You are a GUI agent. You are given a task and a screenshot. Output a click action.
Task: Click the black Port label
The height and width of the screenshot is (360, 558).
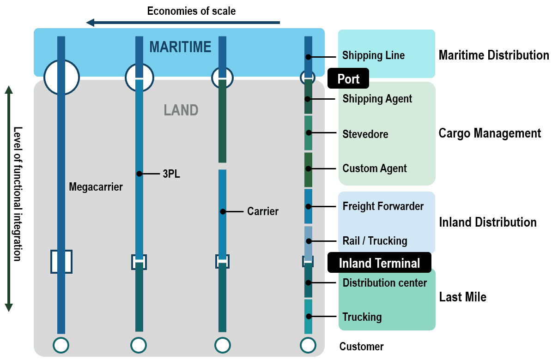[x=348, y=79]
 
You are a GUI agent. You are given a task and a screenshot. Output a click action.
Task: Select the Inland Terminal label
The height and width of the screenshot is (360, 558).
[x=379, y=263]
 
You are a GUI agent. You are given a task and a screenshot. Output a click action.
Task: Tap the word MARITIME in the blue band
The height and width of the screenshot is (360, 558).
[x=180, y=47]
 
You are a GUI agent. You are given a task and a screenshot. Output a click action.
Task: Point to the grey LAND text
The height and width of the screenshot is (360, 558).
[x=181, y=110]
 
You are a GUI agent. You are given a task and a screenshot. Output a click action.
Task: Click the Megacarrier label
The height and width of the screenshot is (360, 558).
[x=96, y=187]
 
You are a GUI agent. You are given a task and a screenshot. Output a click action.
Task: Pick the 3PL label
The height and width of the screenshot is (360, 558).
[x=171, y=174]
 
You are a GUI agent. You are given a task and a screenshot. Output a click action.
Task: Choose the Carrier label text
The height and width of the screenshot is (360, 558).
[x=263, y=211]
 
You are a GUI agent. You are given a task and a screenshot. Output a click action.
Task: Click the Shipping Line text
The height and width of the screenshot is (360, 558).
[x=373, y=55]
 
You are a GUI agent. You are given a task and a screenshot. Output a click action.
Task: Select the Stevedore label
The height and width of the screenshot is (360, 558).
[x=365, y=134]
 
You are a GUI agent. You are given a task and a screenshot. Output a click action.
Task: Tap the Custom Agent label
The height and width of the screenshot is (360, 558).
[x=375, y=168]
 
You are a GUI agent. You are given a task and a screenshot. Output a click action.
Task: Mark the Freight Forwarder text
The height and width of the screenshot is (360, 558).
[x=383, y=206]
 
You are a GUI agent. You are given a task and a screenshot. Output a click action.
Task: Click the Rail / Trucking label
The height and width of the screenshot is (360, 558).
[x=375, y=241]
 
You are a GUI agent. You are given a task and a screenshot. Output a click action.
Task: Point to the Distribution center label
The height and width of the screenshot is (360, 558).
[x=385, y=283]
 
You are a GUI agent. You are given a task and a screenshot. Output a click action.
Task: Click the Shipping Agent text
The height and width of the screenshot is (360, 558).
[x=377, y=99]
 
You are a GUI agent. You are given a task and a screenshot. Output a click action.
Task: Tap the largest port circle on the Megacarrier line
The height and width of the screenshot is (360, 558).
[x=61, y=77]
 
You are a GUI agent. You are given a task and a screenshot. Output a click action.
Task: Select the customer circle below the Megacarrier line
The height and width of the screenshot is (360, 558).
[x=61, y=345]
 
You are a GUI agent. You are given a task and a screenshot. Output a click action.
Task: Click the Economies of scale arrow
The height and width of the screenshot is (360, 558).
[x=183, y=22]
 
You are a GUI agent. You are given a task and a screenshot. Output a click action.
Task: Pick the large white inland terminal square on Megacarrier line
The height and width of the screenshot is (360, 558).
[x=61, y=262]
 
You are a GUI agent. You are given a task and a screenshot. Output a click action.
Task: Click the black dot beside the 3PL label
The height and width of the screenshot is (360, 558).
[x=139, y=174]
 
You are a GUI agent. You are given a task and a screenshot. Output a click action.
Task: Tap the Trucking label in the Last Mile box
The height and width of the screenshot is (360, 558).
[x=362, y=317]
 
